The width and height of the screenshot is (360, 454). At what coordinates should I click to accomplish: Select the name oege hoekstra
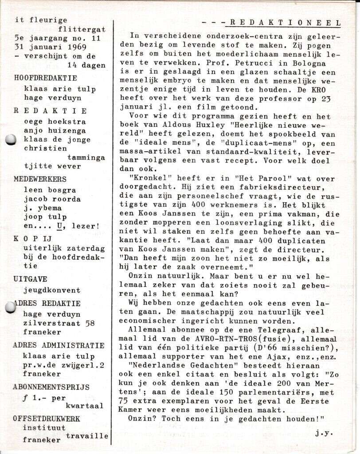55,121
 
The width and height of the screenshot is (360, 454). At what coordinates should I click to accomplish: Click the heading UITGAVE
30,279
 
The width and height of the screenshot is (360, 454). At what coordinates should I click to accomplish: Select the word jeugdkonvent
52,290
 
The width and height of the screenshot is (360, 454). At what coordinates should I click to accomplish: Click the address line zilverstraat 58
59,324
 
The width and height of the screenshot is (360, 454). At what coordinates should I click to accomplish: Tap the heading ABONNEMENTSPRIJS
51,387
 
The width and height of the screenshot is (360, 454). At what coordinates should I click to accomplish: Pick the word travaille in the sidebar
87,436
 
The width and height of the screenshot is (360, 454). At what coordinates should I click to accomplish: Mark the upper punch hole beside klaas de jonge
11,140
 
